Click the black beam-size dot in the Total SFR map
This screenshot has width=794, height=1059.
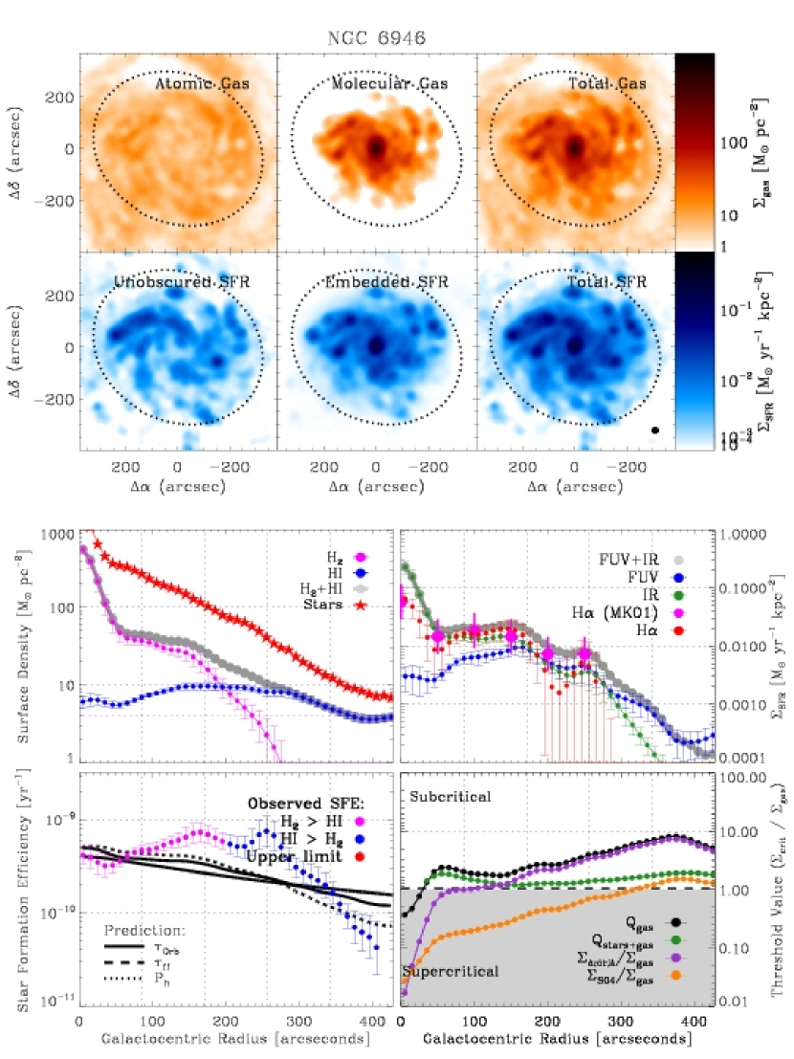[x=655, y=431]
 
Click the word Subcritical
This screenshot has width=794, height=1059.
[x=451, y=796]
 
